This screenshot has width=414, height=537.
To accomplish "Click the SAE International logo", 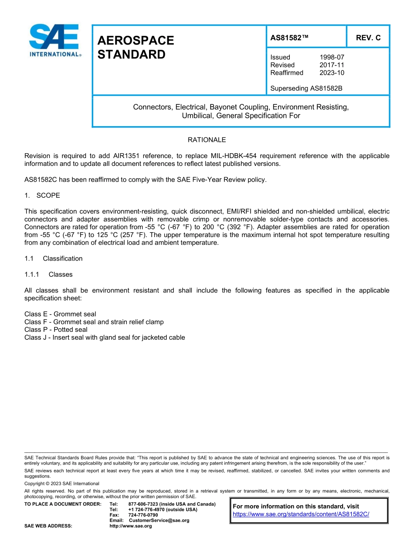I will point(54,40).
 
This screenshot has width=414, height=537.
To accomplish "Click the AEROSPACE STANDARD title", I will point(136,48).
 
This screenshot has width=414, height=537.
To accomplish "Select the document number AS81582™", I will point(289,38).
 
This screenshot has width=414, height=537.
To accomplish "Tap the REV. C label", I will point(368,38).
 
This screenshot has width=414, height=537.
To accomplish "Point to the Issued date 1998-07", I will point(332,57).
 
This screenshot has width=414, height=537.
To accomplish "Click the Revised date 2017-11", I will point(332,65).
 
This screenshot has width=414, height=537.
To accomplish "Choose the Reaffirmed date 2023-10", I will point(332,73).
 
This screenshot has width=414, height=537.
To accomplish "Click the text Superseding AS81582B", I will point(306,88).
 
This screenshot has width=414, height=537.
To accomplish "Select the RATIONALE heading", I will point(207,140).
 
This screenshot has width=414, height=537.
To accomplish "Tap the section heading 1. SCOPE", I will point(42,195).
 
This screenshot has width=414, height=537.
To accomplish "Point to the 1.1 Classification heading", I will point(54,258).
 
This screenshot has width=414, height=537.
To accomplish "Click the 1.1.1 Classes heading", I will point(48,275).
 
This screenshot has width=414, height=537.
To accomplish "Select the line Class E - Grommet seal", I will point(60,314).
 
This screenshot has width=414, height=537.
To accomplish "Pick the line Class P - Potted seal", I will point(56,330).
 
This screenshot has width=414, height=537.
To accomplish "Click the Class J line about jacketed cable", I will point(105,337).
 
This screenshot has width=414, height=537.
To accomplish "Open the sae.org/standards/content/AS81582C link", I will point(301,514).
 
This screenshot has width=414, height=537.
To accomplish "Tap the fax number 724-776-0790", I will point(143,515).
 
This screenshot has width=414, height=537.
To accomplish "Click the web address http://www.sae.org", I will point(131,526).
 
